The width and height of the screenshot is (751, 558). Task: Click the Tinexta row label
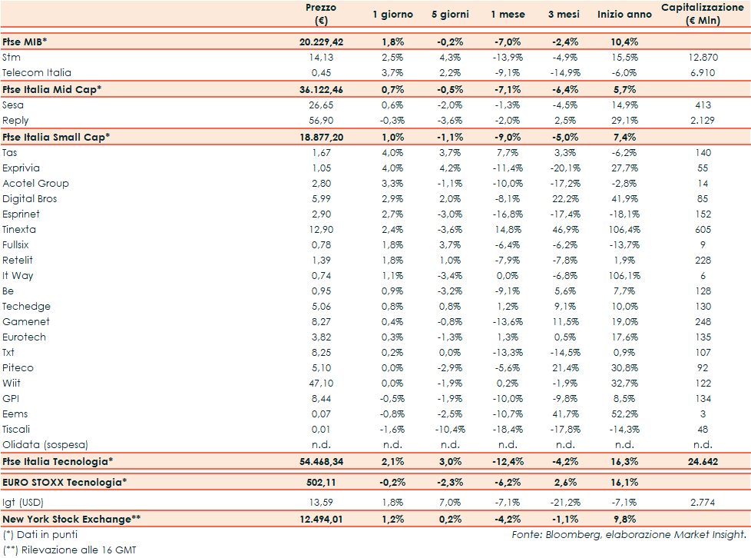[19, 230]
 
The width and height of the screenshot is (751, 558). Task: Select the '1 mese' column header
[508, 15]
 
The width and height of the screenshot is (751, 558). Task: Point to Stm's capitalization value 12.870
[703, 58]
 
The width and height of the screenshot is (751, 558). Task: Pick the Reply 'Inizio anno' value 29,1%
[624, 121]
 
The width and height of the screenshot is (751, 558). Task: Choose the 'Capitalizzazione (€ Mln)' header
[703, 14]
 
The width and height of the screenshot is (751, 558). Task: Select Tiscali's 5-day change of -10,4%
[448, 430]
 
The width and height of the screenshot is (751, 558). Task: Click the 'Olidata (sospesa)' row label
[45, 445]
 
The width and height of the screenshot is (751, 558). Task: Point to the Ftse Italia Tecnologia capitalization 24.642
[703, 461]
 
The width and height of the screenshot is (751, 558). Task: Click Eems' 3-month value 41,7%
[566, 414]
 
